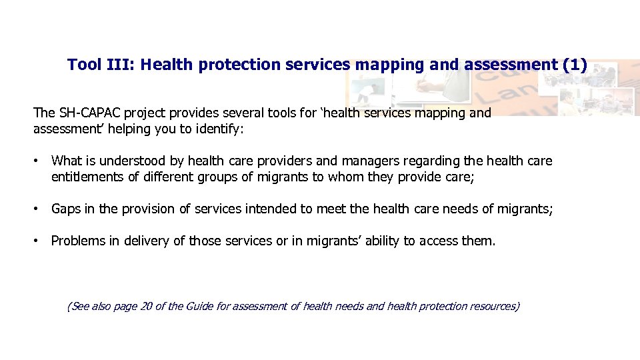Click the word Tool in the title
click(x=85, y=65)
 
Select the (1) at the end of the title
click(x=575, y=65)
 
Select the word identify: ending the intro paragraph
click(x=221, y=129)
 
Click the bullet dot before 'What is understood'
click(x=37, y=161)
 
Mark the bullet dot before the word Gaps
click(x=37, y=209)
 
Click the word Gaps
click(x=66, y=209)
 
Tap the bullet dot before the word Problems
click(x=37, y=241)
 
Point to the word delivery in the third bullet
click(x=145, y=241)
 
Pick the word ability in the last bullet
click(x=379, y=241)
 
